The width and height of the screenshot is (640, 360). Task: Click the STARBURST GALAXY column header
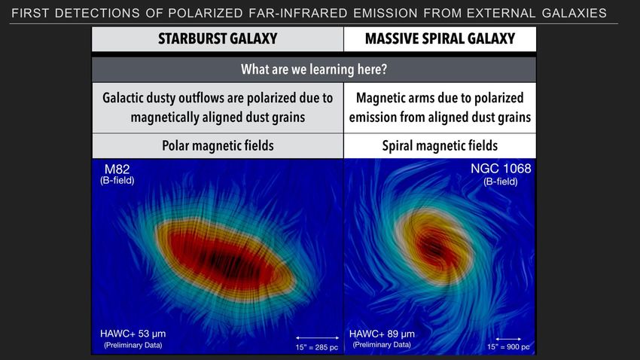[218, 38]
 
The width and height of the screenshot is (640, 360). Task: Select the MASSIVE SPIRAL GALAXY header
[440, 38]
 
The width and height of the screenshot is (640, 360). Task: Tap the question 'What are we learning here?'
[314, 69]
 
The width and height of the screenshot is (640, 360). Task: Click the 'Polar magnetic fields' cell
[218, 145]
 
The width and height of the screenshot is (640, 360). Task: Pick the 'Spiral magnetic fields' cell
[440, 145]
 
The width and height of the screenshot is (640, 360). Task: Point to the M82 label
[117, 169]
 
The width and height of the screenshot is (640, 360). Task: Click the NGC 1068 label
[501, 169]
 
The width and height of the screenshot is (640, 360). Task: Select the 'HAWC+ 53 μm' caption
[133, 334]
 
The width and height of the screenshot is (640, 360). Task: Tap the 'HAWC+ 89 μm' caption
[382, 334]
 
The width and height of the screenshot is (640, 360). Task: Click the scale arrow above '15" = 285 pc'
[318, 337]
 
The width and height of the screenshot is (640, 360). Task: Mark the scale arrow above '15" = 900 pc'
[508, 339]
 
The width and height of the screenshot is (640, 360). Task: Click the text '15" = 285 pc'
[317, 347]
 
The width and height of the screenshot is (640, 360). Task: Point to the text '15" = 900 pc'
[508, 347]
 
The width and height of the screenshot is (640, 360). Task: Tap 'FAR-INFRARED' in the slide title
[298, 13]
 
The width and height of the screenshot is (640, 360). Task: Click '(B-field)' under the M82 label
[117, 181]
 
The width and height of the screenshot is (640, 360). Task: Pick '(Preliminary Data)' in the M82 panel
[133, 345]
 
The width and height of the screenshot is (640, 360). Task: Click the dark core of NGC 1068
[433, 247]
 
